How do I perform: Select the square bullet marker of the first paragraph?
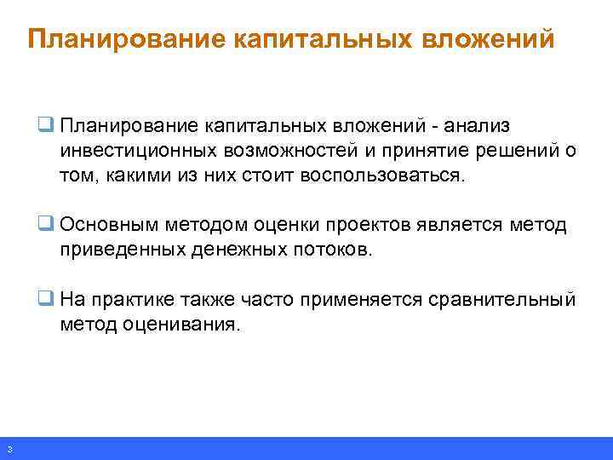[x=45, y=126]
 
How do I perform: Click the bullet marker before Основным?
[x=45, y=224]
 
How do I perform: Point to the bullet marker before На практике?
[x=45, y=299]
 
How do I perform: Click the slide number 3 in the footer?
[x=9, y=449]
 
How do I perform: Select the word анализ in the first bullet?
[x=480, y=126]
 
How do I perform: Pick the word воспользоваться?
[x=381, y=176]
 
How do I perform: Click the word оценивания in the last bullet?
[x=180, y=325]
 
